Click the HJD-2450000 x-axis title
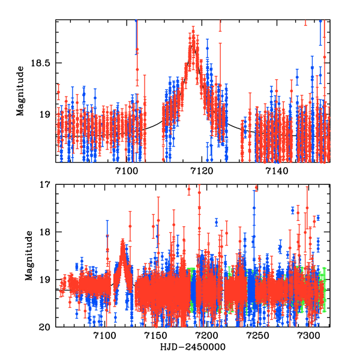pos(193,348)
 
